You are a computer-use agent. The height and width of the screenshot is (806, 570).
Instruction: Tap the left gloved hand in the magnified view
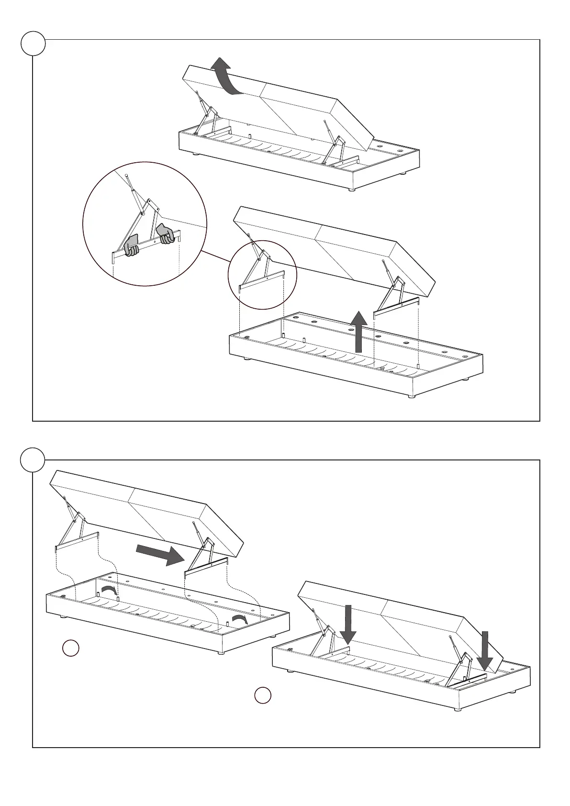131,246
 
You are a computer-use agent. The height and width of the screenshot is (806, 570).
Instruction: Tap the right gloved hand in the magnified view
166,234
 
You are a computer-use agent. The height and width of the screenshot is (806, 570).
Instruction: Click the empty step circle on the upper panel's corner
33,44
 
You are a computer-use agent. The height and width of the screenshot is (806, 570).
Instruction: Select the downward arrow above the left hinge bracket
348,625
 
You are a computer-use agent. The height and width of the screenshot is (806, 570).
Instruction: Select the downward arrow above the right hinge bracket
485,651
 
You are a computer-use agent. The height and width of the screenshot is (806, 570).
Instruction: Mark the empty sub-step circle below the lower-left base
71,648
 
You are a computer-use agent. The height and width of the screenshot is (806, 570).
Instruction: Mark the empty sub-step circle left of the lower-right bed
262,696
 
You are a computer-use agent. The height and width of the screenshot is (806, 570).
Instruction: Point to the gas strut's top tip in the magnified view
127,176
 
